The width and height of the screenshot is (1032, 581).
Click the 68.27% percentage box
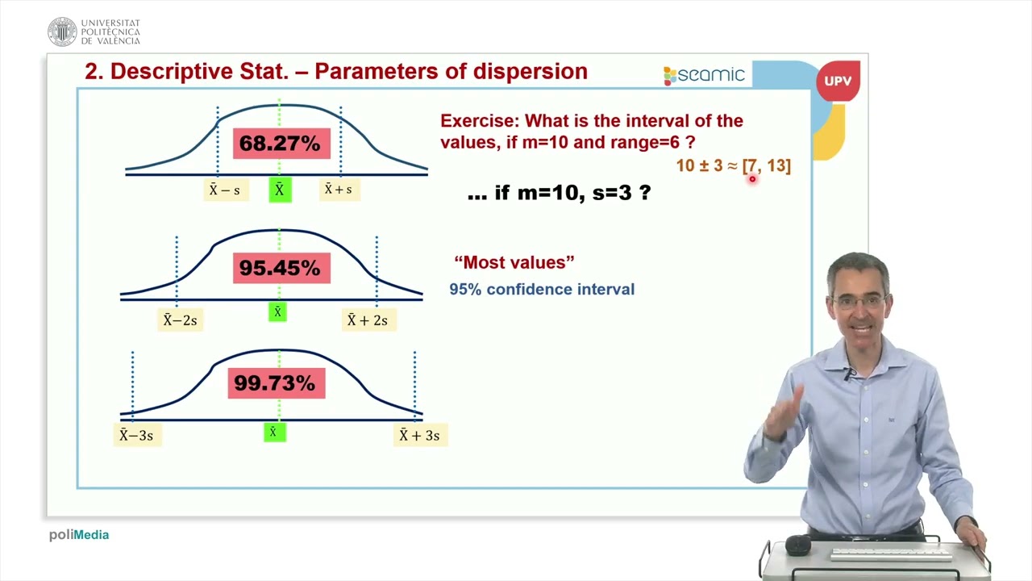point(280,144)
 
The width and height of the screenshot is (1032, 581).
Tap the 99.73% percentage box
point(276,383)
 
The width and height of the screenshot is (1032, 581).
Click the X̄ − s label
point(224,190)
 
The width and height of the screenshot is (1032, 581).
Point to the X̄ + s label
point(338,190)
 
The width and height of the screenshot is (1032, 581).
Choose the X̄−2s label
point(180,320)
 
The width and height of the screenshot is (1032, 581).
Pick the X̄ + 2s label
point(367,320)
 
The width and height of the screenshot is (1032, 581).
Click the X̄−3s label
point(136,436)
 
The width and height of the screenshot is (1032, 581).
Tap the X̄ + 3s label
point(419,436)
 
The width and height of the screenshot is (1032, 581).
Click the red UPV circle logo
point(838,82)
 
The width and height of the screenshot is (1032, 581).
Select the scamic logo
point(704,75)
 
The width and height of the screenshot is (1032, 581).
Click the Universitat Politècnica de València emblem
point(62,31)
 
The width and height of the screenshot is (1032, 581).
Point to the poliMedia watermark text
point(79,535)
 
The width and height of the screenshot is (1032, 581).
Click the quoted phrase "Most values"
point(514,262)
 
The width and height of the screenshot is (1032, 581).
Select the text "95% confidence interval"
point(542,289)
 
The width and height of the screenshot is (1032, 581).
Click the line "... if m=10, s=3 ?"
point(559,193)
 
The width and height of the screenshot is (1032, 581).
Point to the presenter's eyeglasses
point(859,301)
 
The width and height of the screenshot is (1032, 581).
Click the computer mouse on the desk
point(797,545)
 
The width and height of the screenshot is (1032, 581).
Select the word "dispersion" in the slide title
point(530,71)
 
